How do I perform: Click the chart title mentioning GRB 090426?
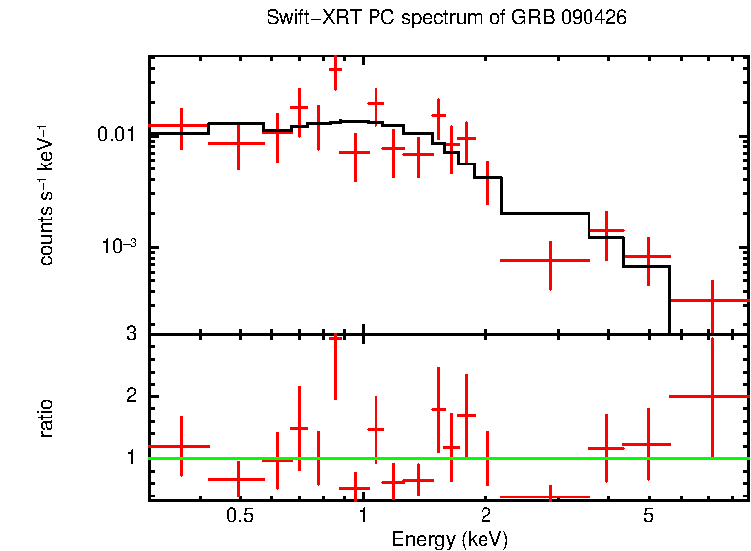[447, 19]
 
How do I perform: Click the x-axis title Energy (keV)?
[450, 540]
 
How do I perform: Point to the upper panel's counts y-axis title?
[46, 194]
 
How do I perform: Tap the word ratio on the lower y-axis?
[46, 418]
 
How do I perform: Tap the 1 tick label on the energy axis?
[364, 517]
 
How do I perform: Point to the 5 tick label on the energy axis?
[648, 517]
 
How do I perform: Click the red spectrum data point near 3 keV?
[550, 260]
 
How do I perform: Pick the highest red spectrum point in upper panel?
[335, 70]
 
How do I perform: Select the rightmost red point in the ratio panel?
[711, 396]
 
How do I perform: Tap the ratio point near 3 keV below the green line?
[550, 496]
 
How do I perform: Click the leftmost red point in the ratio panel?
[181, 446]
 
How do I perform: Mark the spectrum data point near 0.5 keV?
[238, 143]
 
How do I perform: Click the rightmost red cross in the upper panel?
[711, 300]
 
